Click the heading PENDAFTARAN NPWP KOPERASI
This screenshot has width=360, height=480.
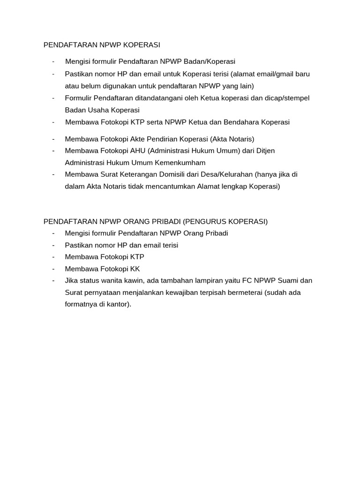[102, 45]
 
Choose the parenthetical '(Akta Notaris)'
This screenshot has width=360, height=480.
[232, 139]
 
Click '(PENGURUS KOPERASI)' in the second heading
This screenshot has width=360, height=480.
[225, 222]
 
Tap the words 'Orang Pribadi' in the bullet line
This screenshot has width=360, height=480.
[206, 233]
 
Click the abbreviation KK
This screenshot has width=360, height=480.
[135, 269]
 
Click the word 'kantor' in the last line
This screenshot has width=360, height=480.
[118, 304]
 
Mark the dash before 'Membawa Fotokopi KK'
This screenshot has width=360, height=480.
[54, 269]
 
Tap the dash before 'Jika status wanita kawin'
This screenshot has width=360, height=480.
[54, 281]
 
